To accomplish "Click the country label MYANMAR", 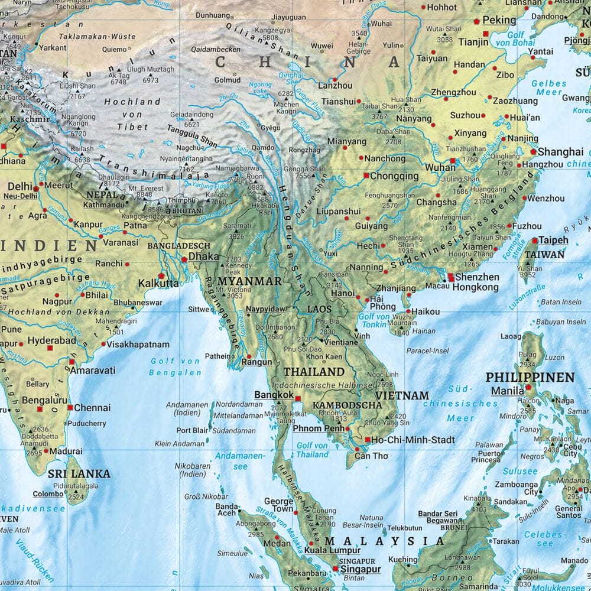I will [x=249, y=281].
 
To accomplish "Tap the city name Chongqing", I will [x=395, y=176].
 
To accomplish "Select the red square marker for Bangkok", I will [x=298, y=399].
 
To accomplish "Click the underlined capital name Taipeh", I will [x=553, y=241].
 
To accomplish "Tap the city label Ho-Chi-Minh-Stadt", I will [x=414, y=440].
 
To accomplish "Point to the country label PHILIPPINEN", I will [x=530, y=377].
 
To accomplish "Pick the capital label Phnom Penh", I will [x=318, y=428].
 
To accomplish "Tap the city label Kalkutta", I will [x=158, y=284].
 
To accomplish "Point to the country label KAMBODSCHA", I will [x=346, y=405].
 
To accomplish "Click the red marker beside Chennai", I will [x=70, y=408].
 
